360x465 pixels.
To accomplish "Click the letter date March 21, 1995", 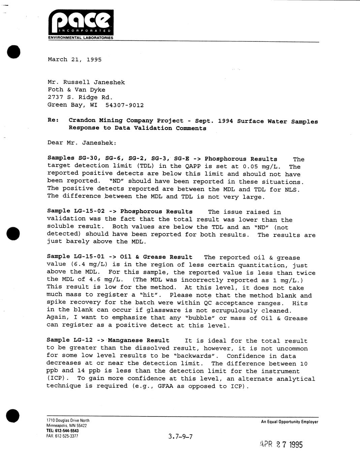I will click(74, 60).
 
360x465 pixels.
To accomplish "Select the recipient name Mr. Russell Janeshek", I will click(86, 82).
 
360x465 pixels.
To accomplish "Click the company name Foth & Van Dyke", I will click(76, 90).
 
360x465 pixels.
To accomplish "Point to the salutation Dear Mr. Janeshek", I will click(82, 143).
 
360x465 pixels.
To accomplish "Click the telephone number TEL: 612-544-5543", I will click(62, 431).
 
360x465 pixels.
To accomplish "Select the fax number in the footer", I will click(62, 436).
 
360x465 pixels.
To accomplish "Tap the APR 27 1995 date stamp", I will click(281, 445).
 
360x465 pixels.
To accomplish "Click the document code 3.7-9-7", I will click(180, 437).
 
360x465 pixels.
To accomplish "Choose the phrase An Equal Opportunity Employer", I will click(289, 422).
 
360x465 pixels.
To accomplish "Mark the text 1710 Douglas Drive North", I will click(68, 421).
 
